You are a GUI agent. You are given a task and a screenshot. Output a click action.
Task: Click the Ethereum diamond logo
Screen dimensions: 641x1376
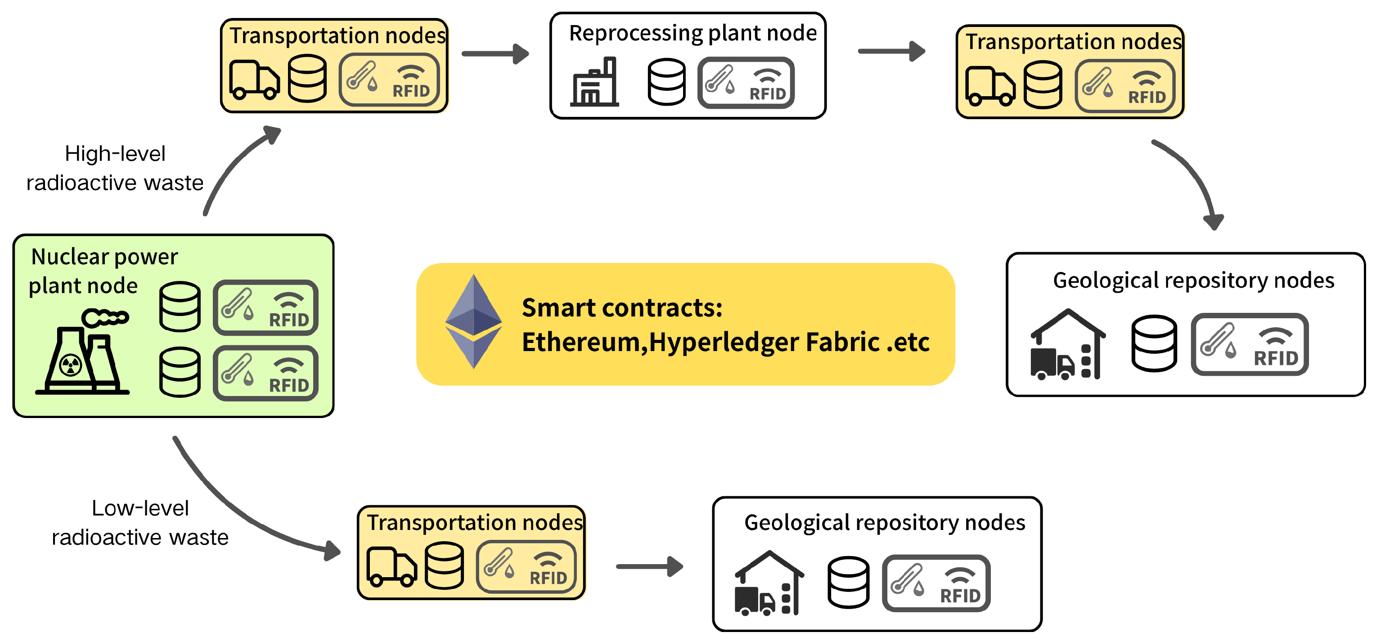(473, 321)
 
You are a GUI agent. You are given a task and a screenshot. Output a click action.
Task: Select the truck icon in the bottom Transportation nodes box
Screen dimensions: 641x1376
(391, 567)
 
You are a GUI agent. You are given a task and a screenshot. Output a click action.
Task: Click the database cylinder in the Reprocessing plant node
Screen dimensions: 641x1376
(666, 82)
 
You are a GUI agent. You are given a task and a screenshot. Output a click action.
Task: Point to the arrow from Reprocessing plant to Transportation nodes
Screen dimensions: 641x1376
(890, 51)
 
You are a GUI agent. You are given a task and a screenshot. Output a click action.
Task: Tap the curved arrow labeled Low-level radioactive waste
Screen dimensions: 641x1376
(240, 512)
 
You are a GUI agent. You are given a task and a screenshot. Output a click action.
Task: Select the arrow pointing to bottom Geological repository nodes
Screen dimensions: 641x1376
(649, 566)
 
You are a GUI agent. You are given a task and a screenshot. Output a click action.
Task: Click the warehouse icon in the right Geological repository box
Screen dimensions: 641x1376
(1067, 345)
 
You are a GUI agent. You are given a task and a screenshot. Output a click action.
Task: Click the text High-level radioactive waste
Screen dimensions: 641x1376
(115, 168)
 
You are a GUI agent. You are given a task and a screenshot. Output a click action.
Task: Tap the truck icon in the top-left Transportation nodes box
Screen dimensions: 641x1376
(254, 80)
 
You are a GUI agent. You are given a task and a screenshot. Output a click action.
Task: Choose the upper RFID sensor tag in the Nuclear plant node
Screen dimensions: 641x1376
(265, 308)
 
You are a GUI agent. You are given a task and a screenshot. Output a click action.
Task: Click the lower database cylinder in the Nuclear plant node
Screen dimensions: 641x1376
(180, 372)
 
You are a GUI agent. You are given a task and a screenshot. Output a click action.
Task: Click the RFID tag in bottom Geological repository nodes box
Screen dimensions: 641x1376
(936, 583)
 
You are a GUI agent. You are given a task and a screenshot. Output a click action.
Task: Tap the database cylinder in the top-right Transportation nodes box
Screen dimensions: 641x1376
(1043, 85)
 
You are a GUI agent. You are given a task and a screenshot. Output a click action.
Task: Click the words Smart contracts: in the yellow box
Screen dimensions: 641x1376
(622, 308)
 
